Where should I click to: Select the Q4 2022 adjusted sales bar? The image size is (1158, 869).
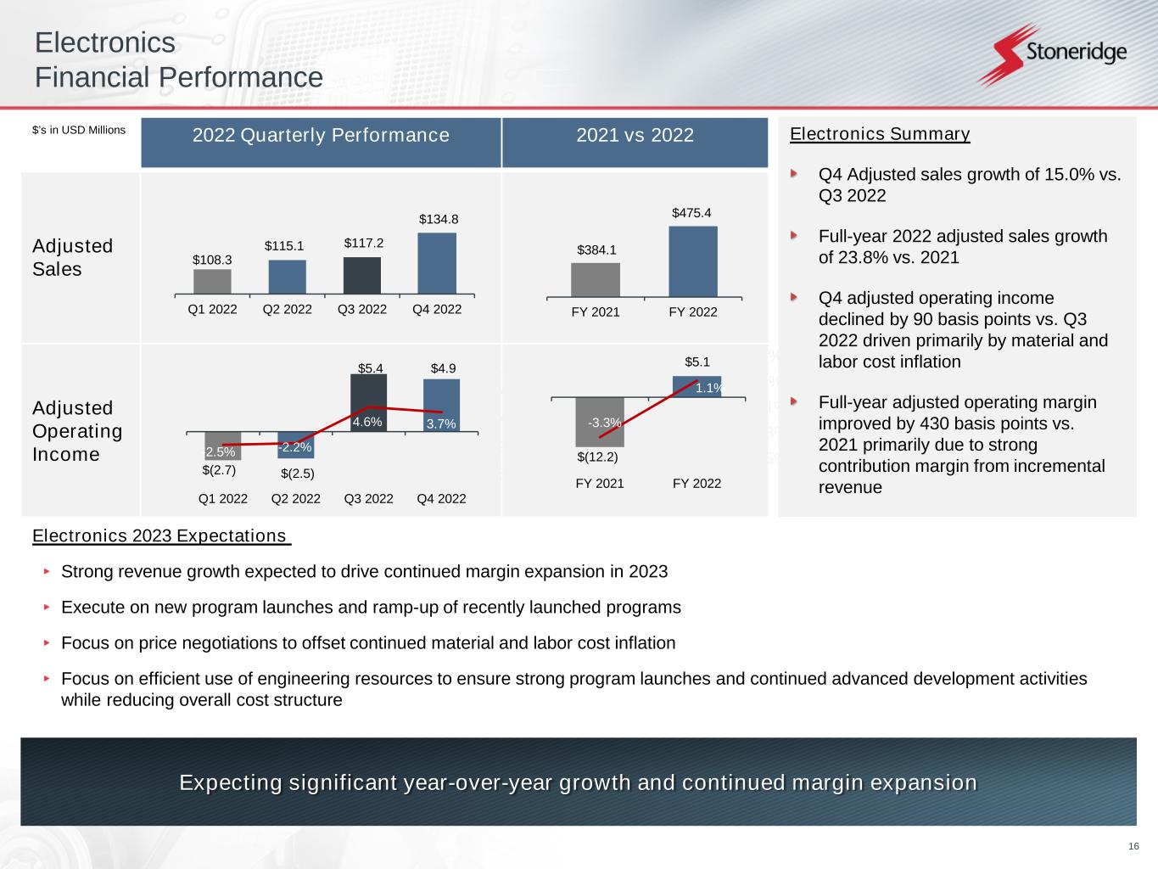[437, 264]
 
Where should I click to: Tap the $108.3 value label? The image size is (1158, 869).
[212, 260]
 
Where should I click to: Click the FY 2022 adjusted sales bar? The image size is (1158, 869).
[693, 261]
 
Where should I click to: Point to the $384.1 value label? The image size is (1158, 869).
[596, 249]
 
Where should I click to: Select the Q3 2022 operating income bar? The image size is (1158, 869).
[368, 402]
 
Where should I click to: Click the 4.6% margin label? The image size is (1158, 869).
[368, 422]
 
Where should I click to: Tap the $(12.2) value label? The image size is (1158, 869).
[597, 457]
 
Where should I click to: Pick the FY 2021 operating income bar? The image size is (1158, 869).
[600, 422]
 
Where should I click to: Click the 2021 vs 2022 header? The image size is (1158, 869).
[635, 135]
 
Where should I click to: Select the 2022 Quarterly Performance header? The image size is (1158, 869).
[321, 135]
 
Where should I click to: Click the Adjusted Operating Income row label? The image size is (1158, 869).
[77, 431]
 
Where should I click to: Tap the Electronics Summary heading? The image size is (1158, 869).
[880, 134]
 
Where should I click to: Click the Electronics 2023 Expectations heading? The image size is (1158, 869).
[161, 536]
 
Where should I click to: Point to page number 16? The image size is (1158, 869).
[1133, 847]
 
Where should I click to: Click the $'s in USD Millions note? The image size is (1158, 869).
[79, 130]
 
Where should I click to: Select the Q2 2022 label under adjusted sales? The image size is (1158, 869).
[288, 309]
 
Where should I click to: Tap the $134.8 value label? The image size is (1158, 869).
[439, 219]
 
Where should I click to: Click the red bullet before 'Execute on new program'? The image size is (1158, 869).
[48, 608]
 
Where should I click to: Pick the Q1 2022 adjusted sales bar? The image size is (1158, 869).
[212, 282]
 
